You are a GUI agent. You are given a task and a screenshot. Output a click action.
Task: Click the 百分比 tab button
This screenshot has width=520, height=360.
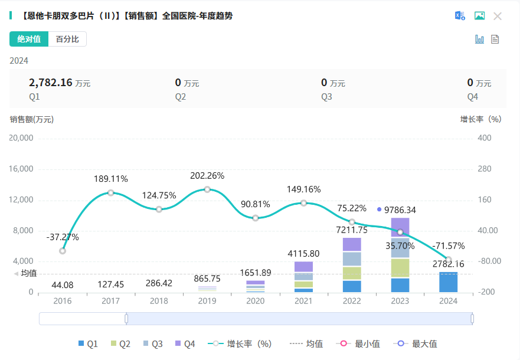(67, 39)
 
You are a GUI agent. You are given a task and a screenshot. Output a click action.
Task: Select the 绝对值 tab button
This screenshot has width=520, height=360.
(29, 39)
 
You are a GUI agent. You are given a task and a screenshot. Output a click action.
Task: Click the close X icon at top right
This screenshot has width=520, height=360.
(498, 16)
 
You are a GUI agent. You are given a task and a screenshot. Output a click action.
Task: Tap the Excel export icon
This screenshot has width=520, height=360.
(460, 16)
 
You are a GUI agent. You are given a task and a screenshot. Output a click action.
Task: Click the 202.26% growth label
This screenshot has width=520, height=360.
(207, 176)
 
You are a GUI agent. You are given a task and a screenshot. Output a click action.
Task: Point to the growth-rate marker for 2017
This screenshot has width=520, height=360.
(110, 193)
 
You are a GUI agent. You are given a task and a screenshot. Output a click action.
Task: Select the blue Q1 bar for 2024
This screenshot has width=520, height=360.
(449, 282)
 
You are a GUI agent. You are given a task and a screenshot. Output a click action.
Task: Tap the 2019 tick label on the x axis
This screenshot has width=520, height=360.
(207, 300)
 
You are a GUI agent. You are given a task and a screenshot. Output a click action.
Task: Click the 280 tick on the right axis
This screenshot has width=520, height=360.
(484, 169)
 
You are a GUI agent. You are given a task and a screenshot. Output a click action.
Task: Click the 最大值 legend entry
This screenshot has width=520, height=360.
(418, 343)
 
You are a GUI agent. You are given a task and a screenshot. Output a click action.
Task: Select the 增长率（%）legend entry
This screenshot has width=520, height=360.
(242, 343)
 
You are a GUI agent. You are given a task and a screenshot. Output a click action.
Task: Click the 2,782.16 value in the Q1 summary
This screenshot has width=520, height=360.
(50, 83)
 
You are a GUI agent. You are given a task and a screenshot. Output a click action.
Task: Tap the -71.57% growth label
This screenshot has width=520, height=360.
(448, 246)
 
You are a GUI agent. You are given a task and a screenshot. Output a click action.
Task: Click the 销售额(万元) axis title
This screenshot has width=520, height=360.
(31, 119)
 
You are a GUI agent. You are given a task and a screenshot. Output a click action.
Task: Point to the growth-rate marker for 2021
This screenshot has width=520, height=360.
(303, 203)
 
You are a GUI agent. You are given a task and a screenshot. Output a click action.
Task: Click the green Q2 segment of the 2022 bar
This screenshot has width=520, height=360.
(352, 273)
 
